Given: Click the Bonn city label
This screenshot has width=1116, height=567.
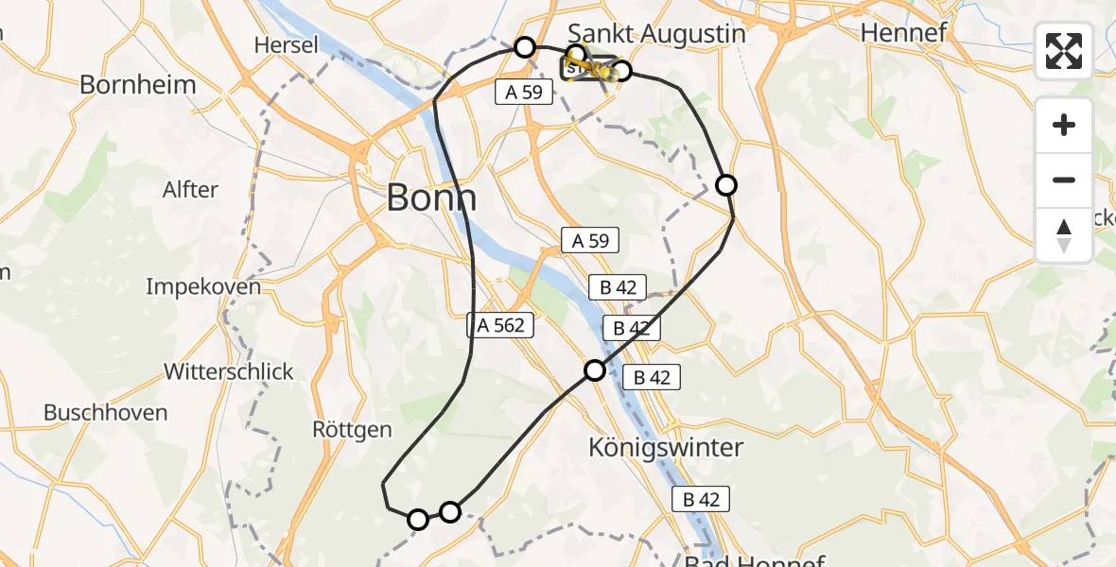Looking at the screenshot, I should pos(432,199).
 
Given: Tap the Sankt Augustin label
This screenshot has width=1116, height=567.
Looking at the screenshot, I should pos(656,33).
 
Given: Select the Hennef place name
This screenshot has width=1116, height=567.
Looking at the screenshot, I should pos(903,33).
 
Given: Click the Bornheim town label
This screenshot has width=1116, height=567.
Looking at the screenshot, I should pos(138,84).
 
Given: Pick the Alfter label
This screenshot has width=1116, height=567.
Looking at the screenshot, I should pos(190,189).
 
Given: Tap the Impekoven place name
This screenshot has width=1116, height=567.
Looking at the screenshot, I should pos(203,286).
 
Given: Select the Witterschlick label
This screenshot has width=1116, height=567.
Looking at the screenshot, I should pos(229,371).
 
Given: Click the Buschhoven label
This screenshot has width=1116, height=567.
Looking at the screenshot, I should pos(106,413).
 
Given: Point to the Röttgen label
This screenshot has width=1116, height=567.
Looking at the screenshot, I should pos(352,430).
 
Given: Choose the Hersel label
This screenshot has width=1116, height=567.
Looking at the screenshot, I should pos(287,44).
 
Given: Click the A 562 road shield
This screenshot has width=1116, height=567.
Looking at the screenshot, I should pos(501,325).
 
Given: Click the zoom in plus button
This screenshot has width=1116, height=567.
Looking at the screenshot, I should pos(1064,126).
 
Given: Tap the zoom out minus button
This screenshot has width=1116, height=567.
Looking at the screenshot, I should pos(1064,180).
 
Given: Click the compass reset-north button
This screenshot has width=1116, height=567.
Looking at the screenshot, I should pos(1064,233).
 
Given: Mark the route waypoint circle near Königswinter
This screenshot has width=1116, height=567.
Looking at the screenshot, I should pos(595,370).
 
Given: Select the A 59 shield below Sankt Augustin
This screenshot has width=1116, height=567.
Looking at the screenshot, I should pos(518,91).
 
